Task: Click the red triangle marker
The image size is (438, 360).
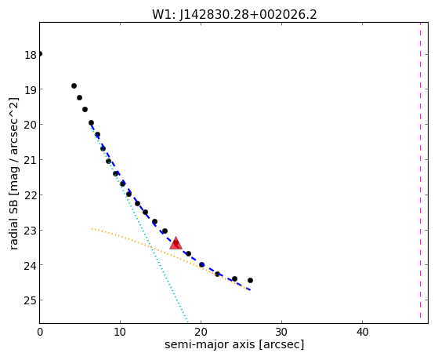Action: [x=176, y=243]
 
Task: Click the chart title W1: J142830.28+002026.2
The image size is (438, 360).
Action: [x=234, y=15]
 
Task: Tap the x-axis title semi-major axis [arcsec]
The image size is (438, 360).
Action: [x=234, y=344]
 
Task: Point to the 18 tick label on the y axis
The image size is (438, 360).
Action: [x=31, y=55]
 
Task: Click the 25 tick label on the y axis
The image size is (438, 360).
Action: [x=31, y=300]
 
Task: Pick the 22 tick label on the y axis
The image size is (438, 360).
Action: [x=31, y=195]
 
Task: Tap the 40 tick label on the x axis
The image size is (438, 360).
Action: [x=362, y=333]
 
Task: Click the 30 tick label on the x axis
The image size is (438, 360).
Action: [x=281, y=333]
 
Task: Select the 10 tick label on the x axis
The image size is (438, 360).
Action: [x=120, y=333]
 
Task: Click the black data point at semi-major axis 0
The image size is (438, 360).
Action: [x=40, y=53]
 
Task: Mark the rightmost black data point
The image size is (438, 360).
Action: [x=250, y=280]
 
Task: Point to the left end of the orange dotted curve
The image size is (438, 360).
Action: [x=92, y=228]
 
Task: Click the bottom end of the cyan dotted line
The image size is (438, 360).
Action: [x=187, y=322]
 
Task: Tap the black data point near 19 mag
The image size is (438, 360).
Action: [x=74, y=85]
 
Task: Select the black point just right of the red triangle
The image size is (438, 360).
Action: [x=189, y=253]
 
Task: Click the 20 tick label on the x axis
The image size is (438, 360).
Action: [x=201, y=333]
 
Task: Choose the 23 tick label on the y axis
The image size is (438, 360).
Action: [x=31, y=231]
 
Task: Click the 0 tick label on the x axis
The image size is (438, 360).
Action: [x=40, y=333]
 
